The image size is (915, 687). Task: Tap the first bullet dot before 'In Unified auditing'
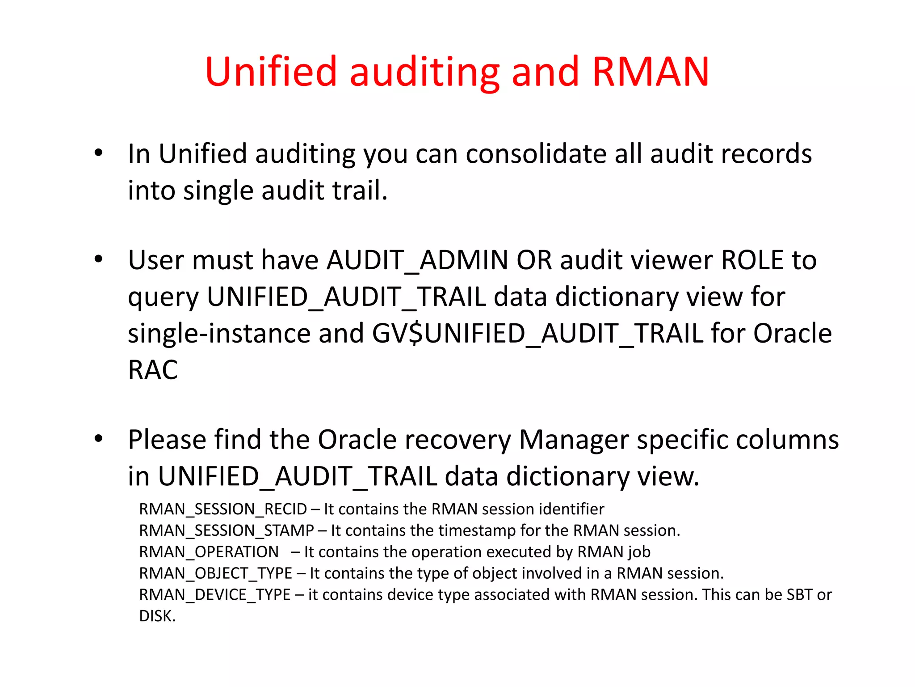99,153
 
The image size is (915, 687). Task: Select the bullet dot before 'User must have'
99,259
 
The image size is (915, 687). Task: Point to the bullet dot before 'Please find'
99,439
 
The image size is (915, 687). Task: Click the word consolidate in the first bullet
536,154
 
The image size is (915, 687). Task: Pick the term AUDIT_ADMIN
417,260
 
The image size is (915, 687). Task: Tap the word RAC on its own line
153,370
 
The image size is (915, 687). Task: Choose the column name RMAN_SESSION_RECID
223,509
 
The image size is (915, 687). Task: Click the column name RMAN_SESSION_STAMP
227,531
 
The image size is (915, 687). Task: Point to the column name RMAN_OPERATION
209,552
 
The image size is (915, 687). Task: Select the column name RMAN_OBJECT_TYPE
215,573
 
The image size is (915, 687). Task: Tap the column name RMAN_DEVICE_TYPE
215,595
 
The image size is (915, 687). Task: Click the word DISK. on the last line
157,616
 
